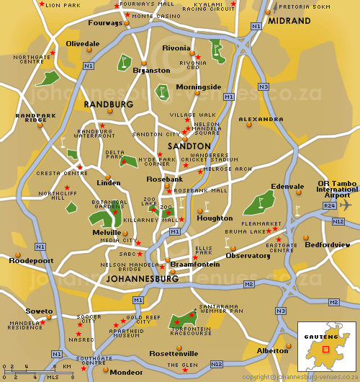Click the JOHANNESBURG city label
[x=142, y=278]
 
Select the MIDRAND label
[x=288, y=22]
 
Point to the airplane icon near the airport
[x=346, y=205]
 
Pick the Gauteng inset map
[x=326, y=347]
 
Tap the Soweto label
[x=39, y=311]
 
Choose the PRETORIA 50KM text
[x=298, y=6]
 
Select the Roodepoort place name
[x=31, y=261]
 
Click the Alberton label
[x=273, y=350]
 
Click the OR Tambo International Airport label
[x=337, y=189]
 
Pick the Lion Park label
[x=63, y=5]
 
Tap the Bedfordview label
[x=328, y=245]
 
